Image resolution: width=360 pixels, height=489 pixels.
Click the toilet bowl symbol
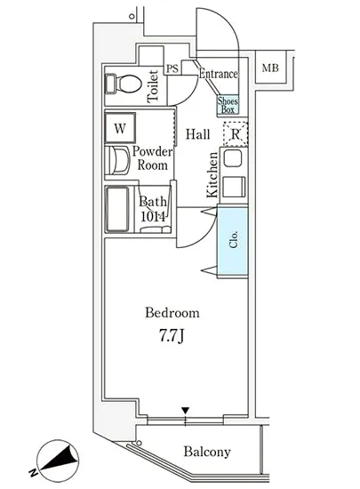(124, 84)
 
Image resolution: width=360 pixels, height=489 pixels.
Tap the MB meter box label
(270, 68)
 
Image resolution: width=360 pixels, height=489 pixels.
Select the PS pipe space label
(172, 68)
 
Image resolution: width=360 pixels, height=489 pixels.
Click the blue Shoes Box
(228, 106)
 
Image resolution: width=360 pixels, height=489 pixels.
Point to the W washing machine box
(120, 128)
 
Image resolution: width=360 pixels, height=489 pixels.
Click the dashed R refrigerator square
(236, 134)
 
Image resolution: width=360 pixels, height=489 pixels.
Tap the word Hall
(198, 134)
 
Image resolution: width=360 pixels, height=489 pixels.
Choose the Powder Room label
(152, 158)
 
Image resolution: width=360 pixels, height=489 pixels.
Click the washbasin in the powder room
(117, 161)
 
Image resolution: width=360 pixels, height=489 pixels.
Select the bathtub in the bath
(117, 209)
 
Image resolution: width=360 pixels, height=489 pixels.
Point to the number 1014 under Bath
(153, 216)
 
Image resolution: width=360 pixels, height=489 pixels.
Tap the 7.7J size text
(172, 336)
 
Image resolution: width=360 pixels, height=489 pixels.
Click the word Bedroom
(172, 313)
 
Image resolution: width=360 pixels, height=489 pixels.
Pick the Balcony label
(207, 452)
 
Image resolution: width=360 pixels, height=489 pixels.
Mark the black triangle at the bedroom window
(186, 411)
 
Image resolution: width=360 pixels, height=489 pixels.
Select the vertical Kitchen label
(212, 175)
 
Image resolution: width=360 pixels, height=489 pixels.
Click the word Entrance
(219, 74)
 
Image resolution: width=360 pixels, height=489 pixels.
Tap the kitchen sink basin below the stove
(234, 187)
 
